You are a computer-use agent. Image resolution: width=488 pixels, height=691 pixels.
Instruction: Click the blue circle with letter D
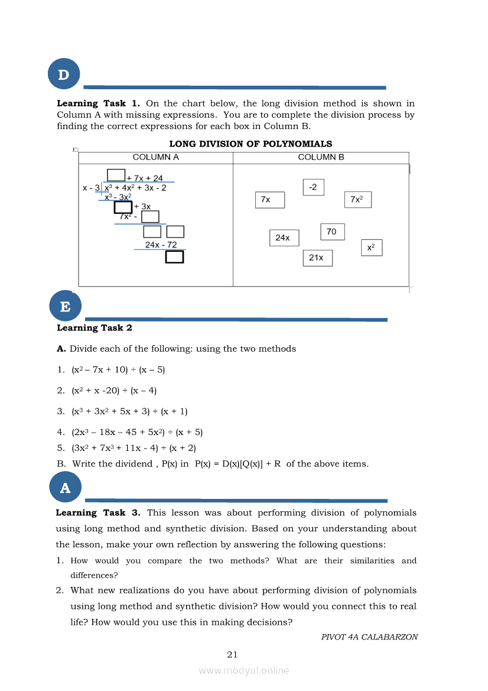point(64,74)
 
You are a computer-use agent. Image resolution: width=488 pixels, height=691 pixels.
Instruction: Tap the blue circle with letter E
point(65,306)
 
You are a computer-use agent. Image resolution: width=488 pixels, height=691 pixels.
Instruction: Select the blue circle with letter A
point(65,488)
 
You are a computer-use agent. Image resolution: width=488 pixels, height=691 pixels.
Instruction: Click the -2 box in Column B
point(313,187)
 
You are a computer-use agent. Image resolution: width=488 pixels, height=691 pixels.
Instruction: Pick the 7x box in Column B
point(270,200)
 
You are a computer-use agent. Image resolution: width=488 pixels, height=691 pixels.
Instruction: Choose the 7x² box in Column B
point(357,200)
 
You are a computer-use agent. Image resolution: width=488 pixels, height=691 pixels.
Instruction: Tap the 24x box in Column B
point(284,238)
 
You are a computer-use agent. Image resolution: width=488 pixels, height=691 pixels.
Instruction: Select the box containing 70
point(332,232)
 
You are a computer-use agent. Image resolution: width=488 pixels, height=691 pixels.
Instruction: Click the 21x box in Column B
point(317,258)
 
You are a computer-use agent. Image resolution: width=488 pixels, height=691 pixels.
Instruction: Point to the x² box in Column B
point(372,248)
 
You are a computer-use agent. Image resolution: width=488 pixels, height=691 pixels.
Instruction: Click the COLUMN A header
point(156,157)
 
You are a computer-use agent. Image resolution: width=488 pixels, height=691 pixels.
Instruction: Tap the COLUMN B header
point(321,157)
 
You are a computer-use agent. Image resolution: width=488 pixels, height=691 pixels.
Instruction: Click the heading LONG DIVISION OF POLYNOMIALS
point(250,144)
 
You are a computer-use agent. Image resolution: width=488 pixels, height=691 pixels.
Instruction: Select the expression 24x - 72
point(161,245)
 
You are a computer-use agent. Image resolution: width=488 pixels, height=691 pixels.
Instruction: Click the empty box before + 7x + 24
point(116,175)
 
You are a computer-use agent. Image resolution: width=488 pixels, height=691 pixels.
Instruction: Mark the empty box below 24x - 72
point(174,257)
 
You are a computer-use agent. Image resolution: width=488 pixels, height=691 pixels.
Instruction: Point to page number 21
point(232,654)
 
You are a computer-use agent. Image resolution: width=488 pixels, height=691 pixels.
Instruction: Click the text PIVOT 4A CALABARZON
point(369,637)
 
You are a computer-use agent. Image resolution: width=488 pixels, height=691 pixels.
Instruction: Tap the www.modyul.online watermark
point(244,670)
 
